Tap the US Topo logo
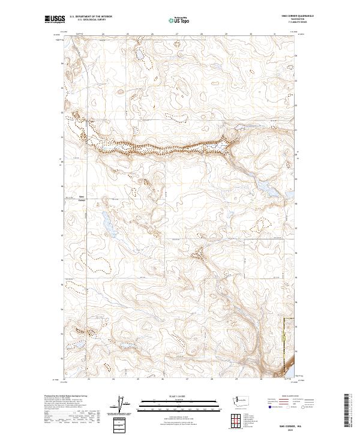180,20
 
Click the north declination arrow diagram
127,404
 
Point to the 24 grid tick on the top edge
104,34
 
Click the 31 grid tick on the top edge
274,34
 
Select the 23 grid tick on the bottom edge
89,379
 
